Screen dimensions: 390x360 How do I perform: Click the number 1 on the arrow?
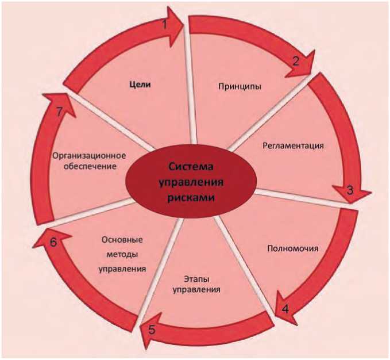[x=165, y=24]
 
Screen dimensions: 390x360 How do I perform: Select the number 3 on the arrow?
[x=349, y=190]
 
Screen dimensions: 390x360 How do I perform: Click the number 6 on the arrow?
[x=53, y=242]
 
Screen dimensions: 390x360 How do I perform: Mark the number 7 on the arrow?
[x=60, y=112]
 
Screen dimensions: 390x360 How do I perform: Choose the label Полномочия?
[x=293, y=249]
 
